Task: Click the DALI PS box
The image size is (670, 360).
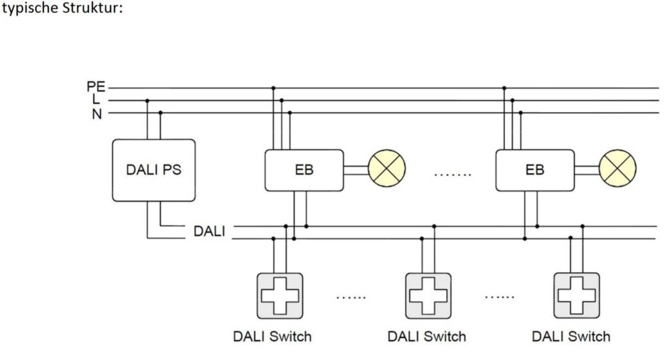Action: click(x=154, y=170)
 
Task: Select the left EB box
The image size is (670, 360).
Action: click(x=304, y=170)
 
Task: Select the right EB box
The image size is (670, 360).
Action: click(x=535, y=170)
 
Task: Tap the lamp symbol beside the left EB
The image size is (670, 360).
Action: click(x=387, y=170)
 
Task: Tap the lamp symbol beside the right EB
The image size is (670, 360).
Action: click(x=618, y=170)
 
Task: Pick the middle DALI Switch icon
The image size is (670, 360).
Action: click(x=427, y=295)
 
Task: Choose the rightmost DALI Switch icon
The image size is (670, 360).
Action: click(x=576, y=295)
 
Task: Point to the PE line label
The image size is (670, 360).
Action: click(x=96, y=87)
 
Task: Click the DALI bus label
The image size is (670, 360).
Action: click(x=209, y=232)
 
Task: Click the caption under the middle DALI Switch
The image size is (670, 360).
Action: click(x=427, y=336)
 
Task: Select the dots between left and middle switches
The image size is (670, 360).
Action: click(x=351, y=298)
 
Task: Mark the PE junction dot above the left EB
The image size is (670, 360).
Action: click(x=273, y=88)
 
